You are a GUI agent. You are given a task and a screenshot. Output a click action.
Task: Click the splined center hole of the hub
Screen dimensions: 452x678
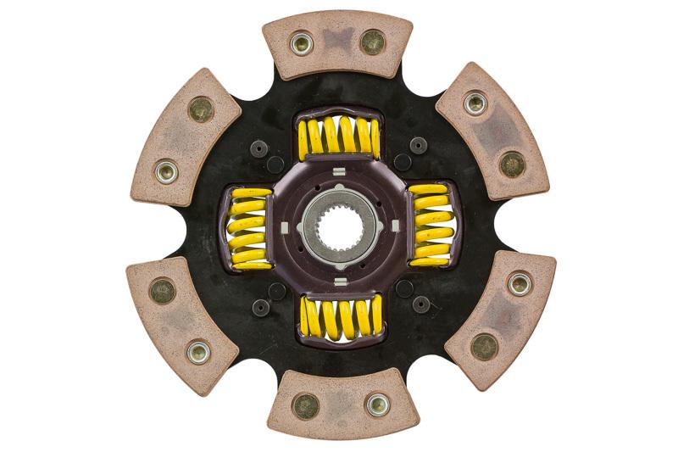pyautogui.click(x=338, y=226)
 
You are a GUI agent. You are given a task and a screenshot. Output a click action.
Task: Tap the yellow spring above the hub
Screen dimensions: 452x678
pyautogui.click(x=338, y=137)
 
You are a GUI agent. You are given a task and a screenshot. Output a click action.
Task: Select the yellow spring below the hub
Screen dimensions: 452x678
pyautogui.click(x=340, y=317)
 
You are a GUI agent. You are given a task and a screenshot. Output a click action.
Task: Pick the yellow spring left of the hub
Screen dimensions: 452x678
pyautogui.click(x=250, y=228)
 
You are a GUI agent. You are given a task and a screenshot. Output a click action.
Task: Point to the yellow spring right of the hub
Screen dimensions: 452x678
pyautogui.click(x=431, y=226)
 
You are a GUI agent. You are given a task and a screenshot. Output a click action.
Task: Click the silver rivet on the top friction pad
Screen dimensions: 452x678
pyautogui.click(x=301, y=42)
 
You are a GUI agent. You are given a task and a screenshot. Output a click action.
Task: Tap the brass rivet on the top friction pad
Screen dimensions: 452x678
pyautogui.click(x=372, y=41)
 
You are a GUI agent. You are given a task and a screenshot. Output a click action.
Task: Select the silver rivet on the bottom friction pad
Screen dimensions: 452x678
pyautogui.click(x=375, y=405)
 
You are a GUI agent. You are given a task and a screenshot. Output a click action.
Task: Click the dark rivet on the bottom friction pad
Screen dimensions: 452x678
pyautogui.click(x=305, y=406)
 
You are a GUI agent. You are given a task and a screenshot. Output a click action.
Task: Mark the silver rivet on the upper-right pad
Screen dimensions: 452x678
pyautogui.click(x=475, y=103)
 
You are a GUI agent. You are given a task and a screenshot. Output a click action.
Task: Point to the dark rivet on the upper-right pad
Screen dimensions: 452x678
pyautogui.click(x=511, y=164)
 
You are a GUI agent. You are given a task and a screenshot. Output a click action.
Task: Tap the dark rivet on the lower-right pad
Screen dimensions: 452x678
pyautogui.click(x=484, y=345)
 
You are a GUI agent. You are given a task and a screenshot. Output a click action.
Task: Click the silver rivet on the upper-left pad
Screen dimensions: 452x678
pyautogui.click(x=166, y=171)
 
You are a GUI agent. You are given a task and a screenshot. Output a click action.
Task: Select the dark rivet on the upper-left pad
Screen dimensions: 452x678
pyautogui.click(x=201, y=109)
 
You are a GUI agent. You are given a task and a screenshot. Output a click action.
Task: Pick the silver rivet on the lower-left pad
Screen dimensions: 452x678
pyautogui.click(x=198, y=351)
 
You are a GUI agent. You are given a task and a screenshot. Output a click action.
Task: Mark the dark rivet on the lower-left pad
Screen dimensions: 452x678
pyautogui.click(x=162, y=291)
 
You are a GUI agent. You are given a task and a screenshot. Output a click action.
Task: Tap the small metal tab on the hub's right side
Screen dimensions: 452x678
pyautogui.click(x=393, y=226)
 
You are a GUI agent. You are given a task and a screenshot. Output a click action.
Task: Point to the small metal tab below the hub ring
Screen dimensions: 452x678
pyautogui.click(x=339, y=280)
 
